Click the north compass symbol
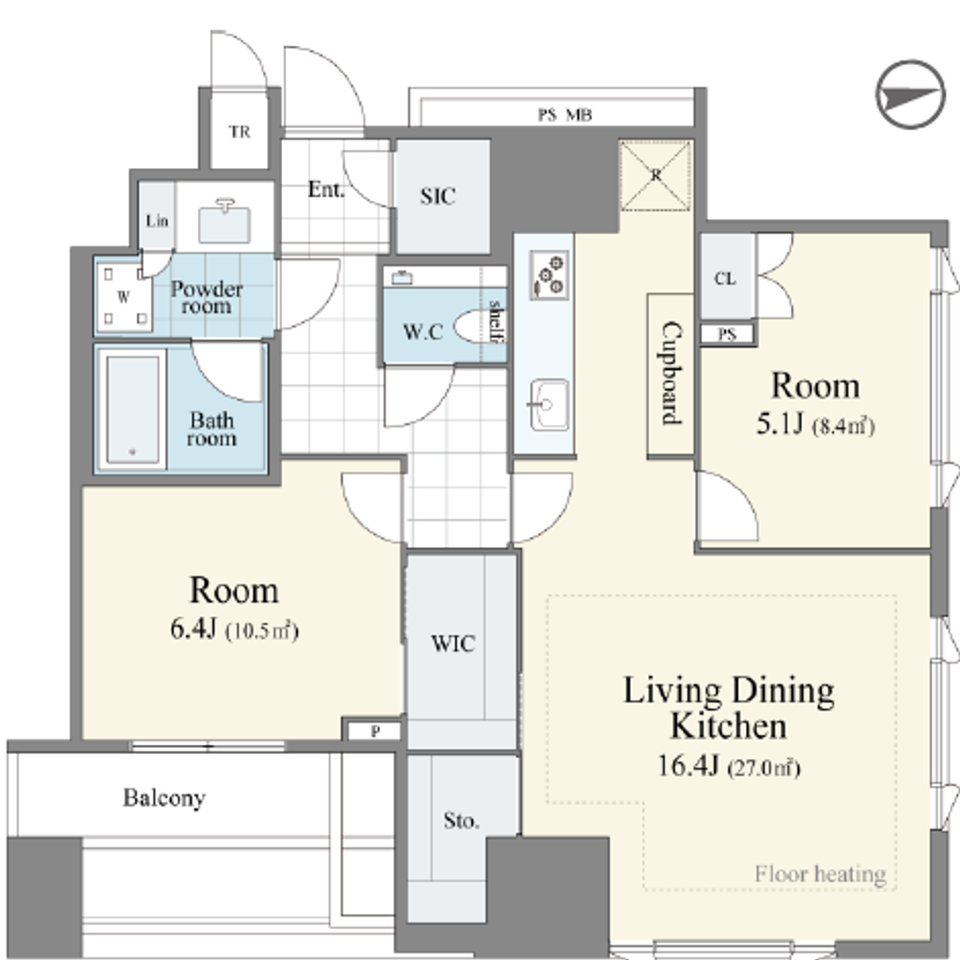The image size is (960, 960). pyautogui.click(x=910, y=95)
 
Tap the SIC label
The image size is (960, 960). pyautogui.click(x=438, y=196)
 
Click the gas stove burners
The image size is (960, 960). pyautogui.click(x=548, y=276)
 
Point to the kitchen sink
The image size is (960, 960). pyautogui.click(x=548, y=404)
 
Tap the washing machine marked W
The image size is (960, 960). pyautogui.click(x=124, y=297)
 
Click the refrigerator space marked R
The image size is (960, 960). pyautogui.click(x=655, y=176)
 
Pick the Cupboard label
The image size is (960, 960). pyautogui.click(x=672, y=372)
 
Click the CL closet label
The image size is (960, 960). pyautogui.click(x=725, y=278)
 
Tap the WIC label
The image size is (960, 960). pyautogui.click(x=452, y=643)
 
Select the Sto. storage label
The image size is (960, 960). pyautogui.click(x=461, y=821)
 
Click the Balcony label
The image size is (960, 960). pyautogui.click(x=164, y=798)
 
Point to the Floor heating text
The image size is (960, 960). pyautogui.click(x=821, y=875)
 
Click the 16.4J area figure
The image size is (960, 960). pyautogui.click(x=687, y=765)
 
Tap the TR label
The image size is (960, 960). pyautogui.click(x=239, y=132)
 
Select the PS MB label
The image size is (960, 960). pyautogui.click(x=564, y=115)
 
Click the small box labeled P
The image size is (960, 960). pyautogui.click(x=374, y=731)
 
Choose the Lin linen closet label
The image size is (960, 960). pyautogui.click(x=156, y=221)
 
